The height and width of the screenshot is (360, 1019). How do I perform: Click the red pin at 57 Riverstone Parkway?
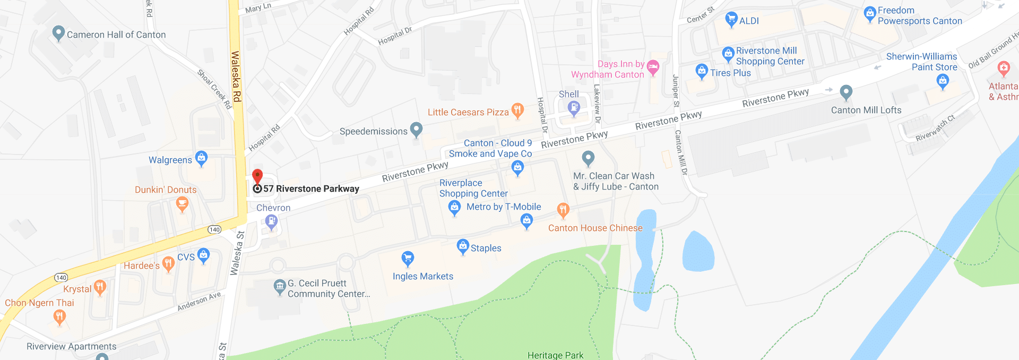(x=257, y=177)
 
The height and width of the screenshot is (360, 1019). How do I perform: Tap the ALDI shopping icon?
(x=731, y=20)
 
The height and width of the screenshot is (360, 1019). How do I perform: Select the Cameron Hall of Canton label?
(x=116, y=35)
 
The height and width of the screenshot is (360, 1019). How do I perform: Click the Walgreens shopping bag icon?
(x=201, y=158)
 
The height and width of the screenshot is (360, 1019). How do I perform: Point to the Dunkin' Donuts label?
(x=166, y=190)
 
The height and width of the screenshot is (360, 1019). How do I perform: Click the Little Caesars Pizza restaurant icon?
(x=517, y=110)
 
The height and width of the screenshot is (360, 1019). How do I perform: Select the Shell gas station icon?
(x=574, y=108)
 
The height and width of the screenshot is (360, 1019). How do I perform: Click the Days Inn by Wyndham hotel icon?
(x=653, y=67)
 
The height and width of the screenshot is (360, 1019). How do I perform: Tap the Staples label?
(x=486, y=248)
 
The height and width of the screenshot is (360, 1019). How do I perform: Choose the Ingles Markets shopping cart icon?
(x=408, y=259)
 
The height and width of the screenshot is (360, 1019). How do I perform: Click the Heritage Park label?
(x=555, y=355)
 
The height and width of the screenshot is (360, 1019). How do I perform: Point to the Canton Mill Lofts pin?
(x=846, y=92)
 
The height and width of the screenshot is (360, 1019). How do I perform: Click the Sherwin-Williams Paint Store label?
(x=922, y=62)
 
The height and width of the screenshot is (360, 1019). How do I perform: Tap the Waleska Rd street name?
(x=236, y=76)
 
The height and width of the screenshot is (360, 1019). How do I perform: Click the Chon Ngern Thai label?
(x=39, y=303)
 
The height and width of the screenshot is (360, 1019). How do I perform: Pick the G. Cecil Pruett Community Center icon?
(x=280, y=287)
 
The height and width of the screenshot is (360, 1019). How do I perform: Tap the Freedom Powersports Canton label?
(x=920, y=15)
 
